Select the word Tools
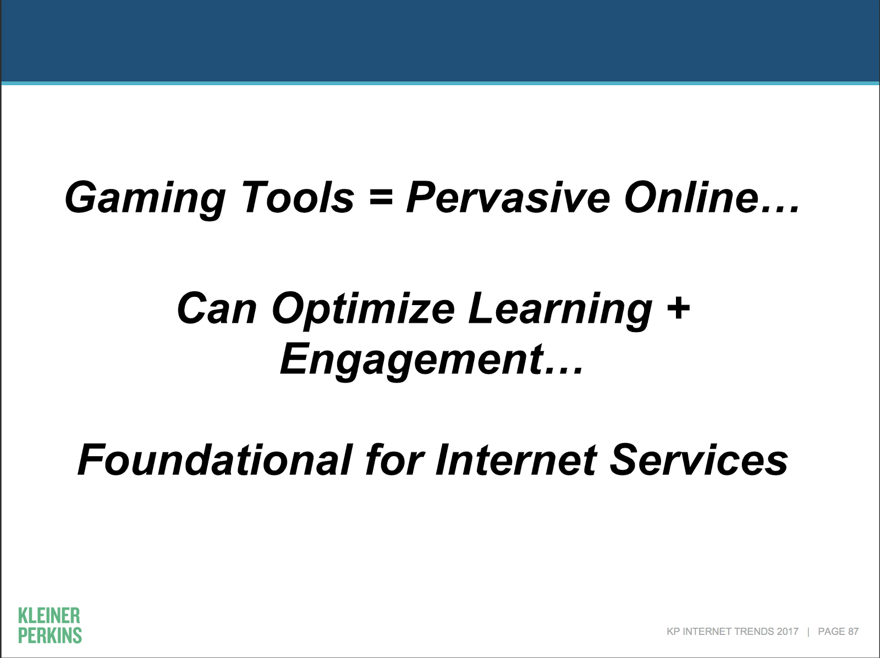tap(298, 196)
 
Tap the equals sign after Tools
tap(380, 198)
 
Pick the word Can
tap(216, 308)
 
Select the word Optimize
tap(363, 311)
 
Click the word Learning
tap(560, 311)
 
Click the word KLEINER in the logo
tap(49, 616)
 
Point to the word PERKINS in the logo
tap(50, 635)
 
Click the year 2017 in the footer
tap(788, 632)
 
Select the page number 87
tap(853, 632)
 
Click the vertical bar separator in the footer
tap(809, 632)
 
